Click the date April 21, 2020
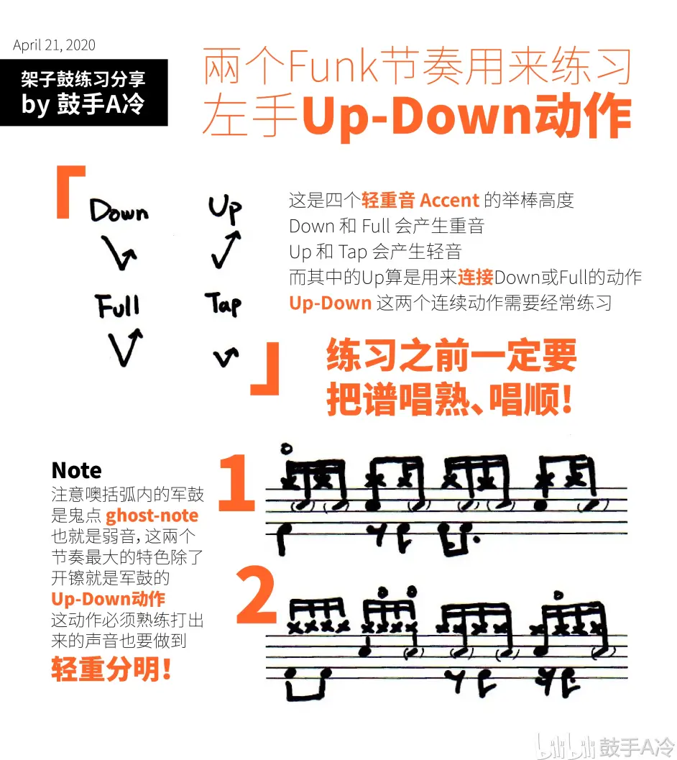tap(54, 45)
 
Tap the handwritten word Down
tap(119, 211)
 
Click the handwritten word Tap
tap(224, 305)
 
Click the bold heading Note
tap(76, 471)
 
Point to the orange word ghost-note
tap(152, 516)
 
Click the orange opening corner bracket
tap(70, 191)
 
